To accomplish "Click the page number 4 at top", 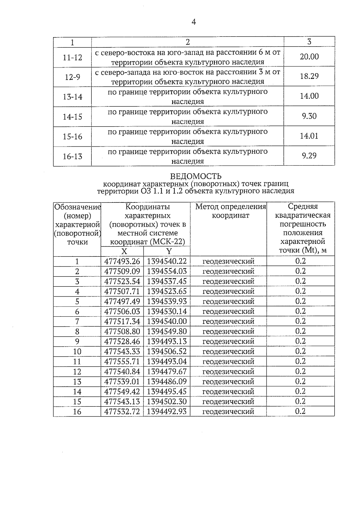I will [193, 22].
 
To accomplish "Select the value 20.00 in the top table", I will [309, 57].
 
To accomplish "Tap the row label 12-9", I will [73, 77].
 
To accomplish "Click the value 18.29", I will [309, 76].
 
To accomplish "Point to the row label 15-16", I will [73, 136].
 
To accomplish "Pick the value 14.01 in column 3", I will [309, 136].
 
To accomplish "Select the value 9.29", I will [309, 156].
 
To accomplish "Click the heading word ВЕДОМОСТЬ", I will [196, 176].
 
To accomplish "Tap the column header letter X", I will [124, 251].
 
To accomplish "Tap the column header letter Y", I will [169, 251].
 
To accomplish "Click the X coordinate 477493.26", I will [122, 261].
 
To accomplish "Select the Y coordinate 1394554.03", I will [167, 271].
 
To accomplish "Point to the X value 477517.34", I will [122, 321].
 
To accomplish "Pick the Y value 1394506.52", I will [167, 351].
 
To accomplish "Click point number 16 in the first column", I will [77, 412].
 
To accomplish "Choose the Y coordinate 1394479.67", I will [167, 371].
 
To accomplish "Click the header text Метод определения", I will [230, 207].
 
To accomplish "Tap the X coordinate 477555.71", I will [122, 361].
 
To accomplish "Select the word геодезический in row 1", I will [228, 261].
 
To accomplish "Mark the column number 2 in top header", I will [188, 42].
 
